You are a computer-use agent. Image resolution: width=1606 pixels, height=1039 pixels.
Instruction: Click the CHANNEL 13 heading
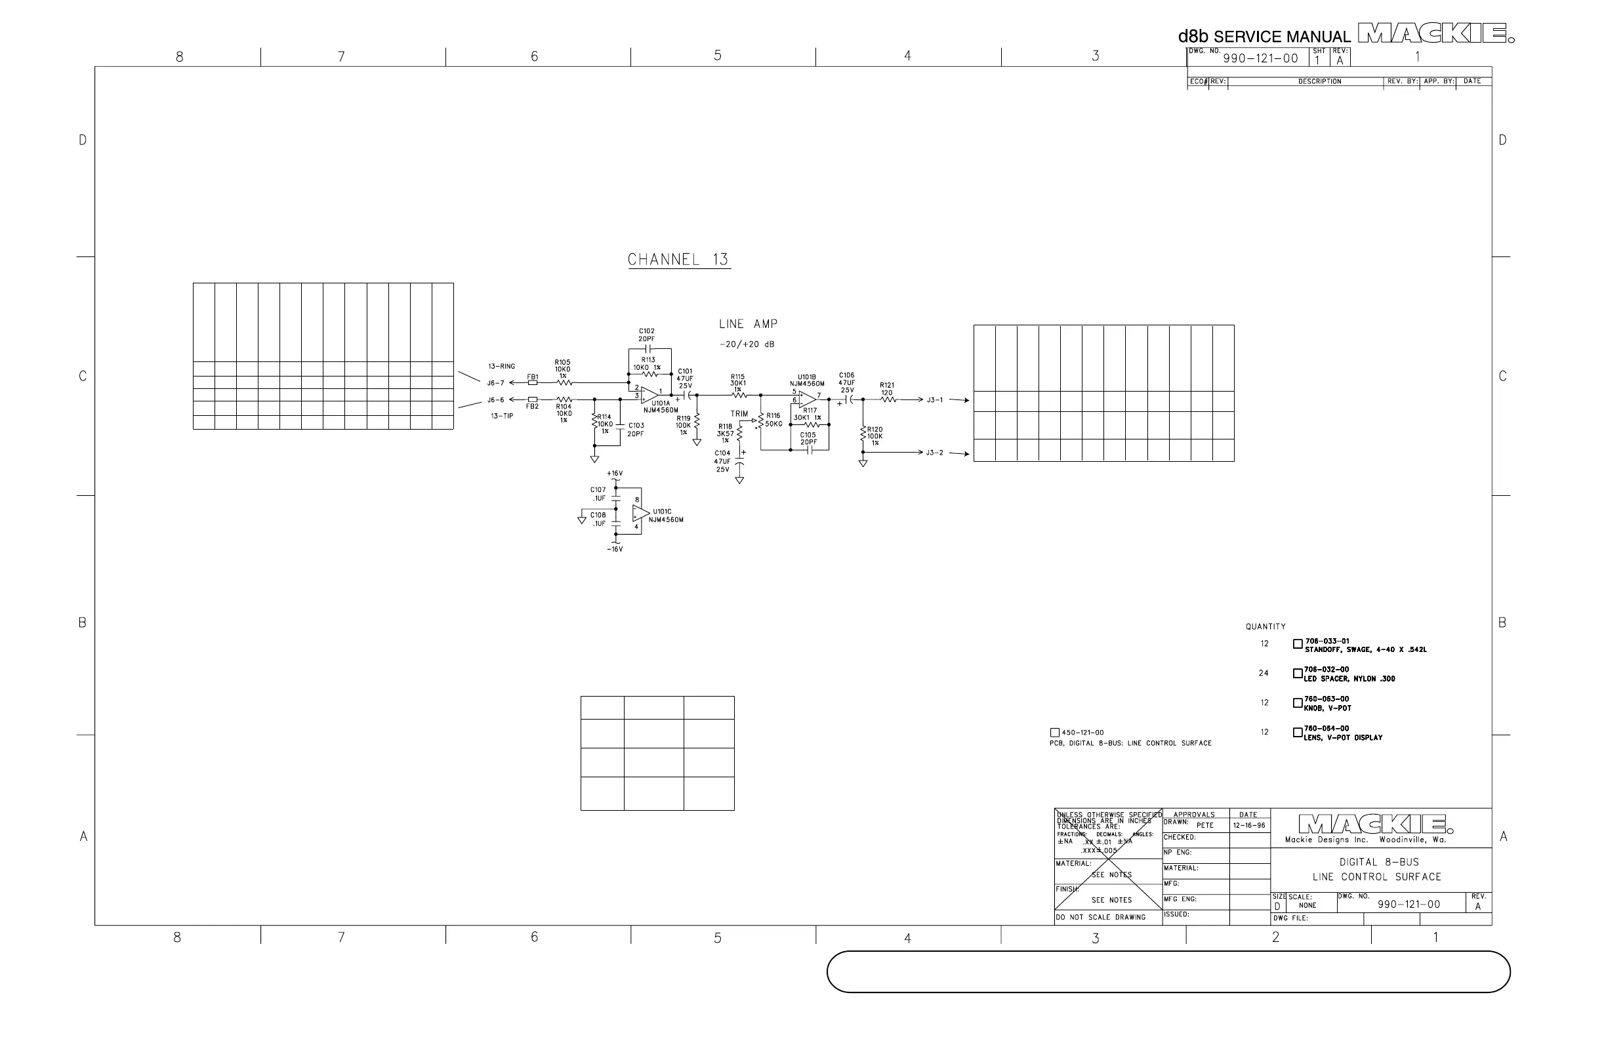(x=678, y=260)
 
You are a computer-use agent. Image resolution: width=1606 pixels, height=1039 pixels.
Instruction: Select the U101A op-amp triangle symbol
(x=648, y=395)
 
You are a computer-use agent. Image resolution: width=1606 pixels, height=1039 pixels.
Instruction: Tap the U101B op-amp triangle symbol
(x=807, y=399)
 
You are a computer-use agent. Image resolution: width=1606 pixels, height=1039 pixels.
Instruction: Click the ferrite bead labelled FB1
(x=533, y=382)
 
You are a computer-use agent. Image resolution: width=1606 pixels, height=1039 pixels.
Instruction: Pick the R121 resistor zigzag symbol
(x=888, y=400)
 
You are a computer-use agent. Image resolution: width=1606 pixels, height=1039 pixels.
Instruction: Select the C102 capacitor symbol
(x=647, y=349)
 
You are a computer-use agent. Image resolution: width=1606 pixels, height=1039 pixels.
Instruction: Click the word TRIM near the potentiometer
(x=739, y=414)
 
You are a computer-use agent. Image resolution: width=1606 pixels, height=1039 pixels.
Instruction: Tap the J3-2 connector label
(x=935, y=453)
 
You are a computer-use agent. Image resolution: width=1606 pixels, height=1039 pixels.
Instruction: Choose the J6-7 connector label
(x=496, y=382)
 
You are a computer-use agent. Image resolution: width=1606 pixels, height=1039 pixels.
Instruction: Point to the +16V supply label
(x=615, y=474)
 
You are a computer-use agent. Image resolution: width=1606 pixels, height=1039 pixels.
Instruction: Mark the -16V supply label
(x=615, y=549)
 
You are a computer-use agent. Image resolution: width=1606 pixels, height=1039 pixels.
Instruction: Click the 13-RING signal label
(x=501, y=367)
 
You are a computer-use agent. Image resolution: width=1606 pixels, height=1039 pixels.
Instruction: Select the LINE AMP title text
(x=749, y=325)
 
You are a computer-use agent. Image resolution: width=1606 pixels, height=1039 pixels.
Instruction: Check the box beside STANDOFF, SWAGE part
(x=1298, y=644)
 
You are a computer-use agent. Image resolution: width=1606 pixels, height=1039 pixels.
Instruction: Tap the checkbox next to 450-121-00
(x=1055, y=733)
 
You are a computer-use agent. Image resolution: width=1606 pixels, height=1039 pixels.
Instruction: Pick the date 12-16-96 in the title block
(x=1249, y=825)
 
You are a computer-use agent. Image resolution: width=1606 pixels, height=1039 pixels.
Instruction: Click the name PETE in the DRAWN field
(x=1204, y=825)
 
